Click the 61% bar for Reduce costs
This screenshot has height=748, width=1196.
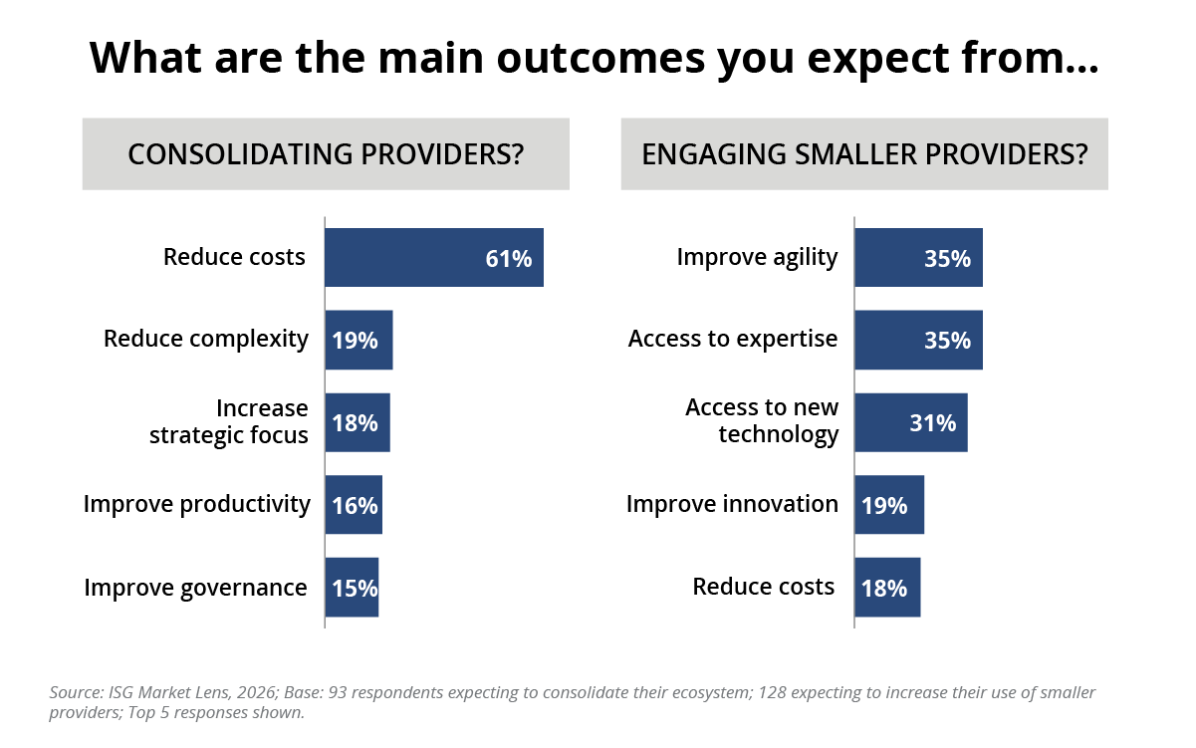[434, 258]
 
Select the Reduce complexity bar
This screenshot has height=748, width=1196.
[359, 340]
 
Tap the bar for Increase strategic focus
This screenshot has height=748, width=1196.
[357, 422]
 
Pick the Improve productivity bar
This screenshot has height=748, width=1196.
[354, 505]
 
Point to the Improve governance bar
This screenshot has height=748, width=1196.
[352, 588]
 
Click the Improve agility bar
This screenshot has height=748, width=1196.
[918, 258]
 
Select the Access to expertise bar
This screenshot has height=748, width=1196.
[918, 340]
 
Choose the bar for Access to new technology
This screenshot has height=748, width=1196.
[910, 422]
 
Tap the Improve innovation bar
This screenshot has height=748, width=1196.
[889, 505]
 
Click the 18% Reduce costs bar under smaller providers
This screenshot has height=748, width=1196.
[887, 588]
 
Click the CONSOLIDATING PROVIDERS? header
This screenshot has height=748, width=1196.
[326, 154]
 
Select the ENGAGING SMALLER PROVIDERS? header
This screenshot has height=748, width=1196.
[864, 154]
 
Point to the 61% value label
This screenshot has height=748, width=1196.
[508, 259]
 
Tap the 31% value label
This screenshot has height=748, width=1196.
[932, 423]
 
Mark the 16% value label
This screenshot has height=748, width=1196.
[355, 506]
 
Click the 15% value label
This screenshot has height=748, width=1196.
[355, 589]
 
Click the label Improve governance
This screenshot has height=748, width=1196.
[195, 588]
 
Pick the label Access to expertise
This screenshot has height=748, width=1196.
[733, 339]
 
